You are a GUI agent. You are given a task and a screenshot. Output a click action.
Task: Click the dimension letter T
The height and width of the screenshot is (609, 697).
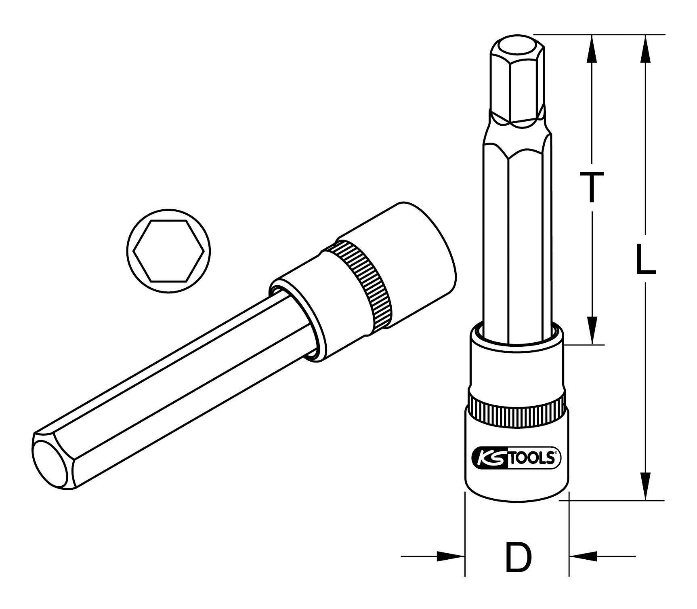tap(592, 186)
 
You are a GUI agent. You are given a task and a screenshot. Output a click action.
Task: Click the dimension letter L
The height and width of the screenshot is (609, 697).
tap(645, 260)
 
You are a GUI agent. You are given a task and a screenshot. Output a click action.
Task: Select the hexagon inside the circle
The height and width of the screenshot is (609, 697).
tap(168, 251)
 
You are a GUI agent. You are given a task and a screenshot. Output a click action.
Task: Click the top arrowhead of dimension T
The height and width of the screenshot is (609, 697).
tap(592, 48)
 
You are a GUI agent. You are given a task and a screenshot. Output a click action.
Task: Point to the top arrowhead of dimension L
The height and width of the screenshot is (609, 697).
tap(645, 48)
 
